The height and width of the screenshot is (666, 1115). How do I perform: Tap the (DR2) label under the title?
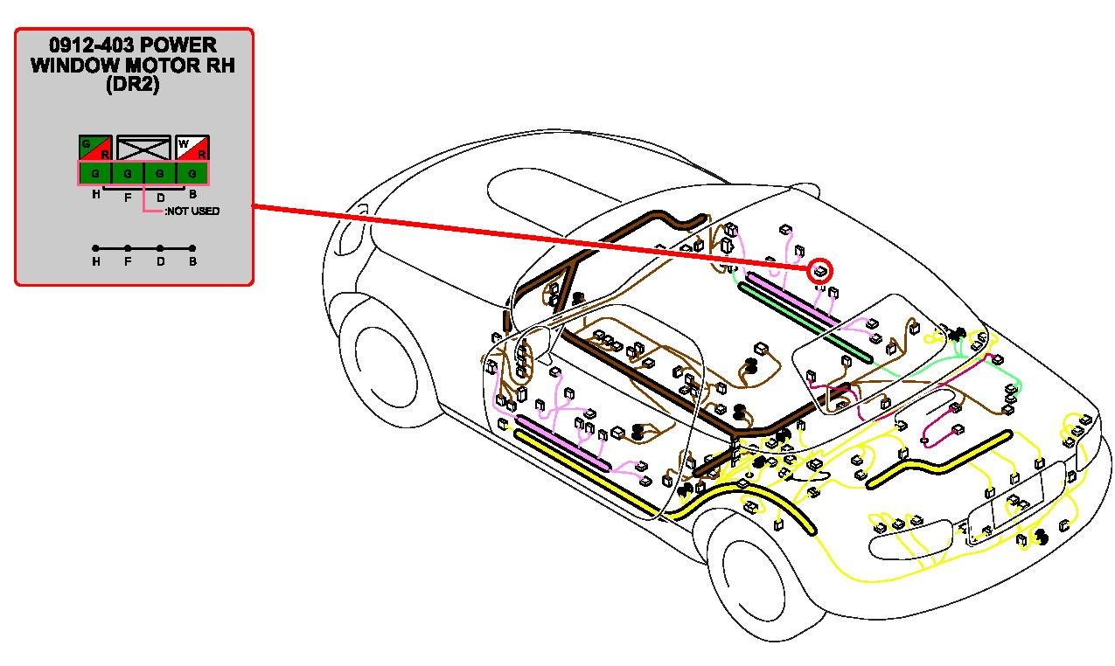pos(133,86)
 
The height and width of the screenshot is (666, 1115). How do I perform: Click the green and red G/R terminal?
pos(95,148)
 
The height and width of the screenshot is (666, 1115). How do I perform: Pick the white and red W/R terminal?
pos(192,148)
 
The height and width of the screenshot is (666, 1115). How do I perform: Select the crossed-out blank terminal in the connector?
pos(143,148)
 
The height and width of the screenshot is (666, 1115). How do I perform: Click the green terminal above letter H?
pos(95,173)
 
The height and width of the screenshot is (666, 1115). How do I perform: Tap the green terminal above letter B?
pos(192,173)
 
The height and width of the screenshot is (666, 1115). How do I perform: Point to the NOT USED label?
pos(192,212)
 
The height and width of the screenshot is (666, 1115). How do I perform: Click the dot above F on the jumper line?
pos(128,248)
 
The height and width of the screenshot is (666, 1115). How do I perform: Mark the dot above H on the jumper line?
pos(95,248)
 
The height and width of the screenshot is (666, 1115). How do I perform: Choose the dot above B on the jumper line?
pos(192,248)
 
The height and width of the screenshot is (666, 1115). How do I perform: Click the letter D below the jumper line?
pos(160,261)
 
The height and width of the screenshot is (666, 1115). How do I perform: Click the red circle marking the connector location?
pos(819,270)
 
